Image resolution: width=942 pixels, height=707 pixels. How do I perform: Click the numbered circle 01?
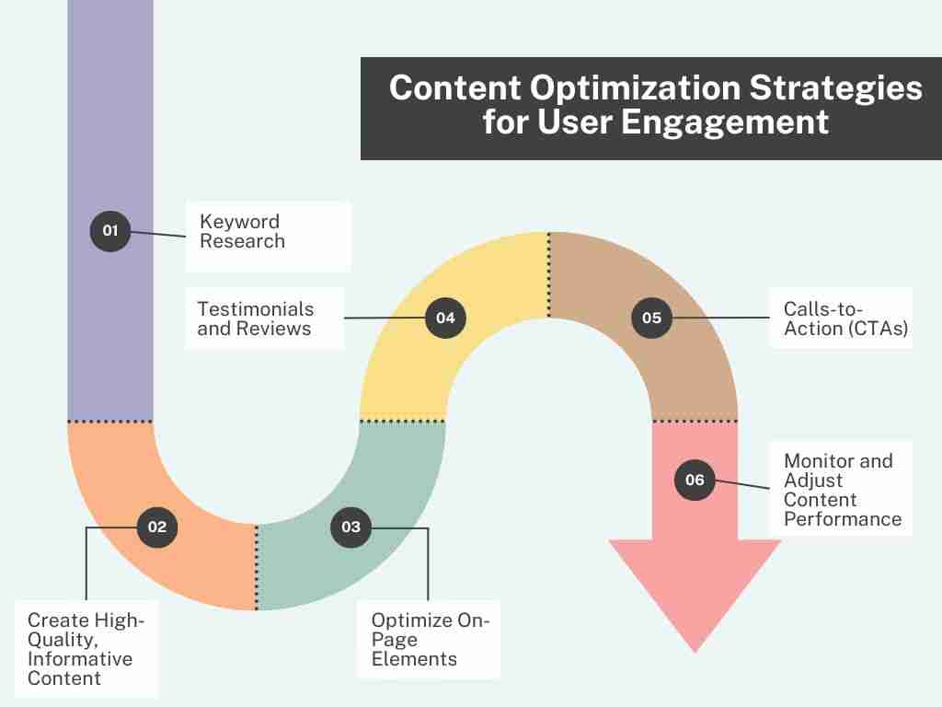coord(110,231)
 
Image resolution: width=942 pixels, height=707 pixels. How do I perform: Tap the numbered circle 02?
coord(156,527)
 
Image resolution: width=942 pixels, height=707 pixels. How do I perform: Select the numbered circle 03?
coord(350,527)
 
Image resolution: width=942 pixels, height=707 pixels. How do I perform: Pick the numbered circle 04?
coord(445,318)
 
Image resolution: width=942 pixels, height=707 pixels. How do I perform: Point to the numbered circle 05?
coord(652,318)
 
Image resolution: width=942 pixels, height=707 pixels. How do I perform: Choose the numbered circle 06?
coord(695,480)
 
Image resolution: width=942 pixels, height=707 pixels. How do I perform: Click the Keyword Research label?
coord(242,231)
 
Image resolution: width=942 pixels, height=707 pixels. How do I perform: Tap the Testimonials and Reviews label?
coord(256,319)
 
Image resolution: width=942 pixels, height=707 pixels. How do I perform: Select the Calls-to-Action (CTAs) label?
coord(846,319)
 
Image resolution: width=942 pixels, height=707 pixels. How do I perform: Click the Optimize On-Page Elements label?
coord(431,640)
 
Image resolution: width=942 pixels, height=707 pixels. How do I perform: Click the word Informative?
coord(80,659)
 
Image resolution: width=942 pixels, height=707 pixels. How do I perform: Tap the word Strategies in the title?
coord(835,89)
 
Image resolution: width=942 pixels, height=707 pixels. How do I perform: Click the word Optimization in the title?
coord(635,87)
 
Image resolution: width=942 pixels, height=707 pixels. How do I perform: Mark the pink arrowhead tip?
coord(695,653)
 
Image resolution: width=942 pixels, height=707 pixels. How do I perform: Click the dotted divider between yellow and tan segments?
coord(548,274)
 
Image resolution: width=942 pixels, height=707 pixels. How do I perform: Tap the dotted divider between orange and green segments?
coord(257,567)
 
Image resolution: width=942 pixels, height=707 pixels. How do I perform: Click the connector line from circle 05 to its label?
coord(721,318)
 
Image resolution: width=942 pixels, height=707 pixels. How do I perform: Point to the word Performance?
coord(843,519)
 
